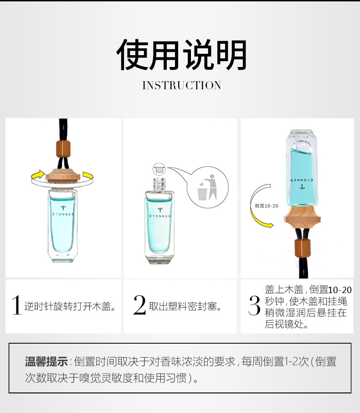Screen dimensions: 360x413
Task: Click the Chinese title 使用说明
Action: [x=181, y=55]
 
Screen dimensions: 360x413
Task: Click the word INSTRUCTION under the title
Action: [x=182, y=85]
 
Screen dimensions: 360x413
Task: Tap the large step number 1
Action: [x=16, y=305]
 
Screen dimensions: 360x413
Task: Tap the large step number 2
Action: [x=139, y=305]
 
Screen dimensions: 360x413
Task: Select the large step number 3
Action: [x=254, y=305]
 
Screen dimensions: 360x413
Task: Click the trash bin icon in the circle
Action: [x=202, y=193]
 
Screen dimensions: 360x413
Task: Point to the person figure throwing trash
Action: [x=211, y=187]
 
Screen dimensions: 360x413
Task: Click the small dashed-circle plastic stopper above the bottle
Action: [x=159, y=169]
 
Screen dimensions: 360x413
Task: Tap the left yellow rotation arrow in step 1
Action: [x=38, y=175]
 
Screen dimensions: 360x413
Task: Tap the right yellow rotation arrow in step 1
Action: [x=88, y=176]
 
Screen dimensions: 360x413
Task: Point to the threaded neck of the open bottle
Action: [x=159, y=184]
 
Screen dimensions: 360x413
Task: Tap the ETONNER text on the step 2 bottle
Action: [x=160, y=216]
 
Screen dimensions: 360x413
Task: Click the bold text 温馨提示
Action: [x=46, y=361]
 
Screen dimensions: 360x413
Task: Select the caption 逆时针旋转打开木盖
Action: [x=70, y=306]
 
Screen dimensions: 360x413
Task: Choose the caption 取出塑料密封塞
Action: [x=185, y=306]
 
